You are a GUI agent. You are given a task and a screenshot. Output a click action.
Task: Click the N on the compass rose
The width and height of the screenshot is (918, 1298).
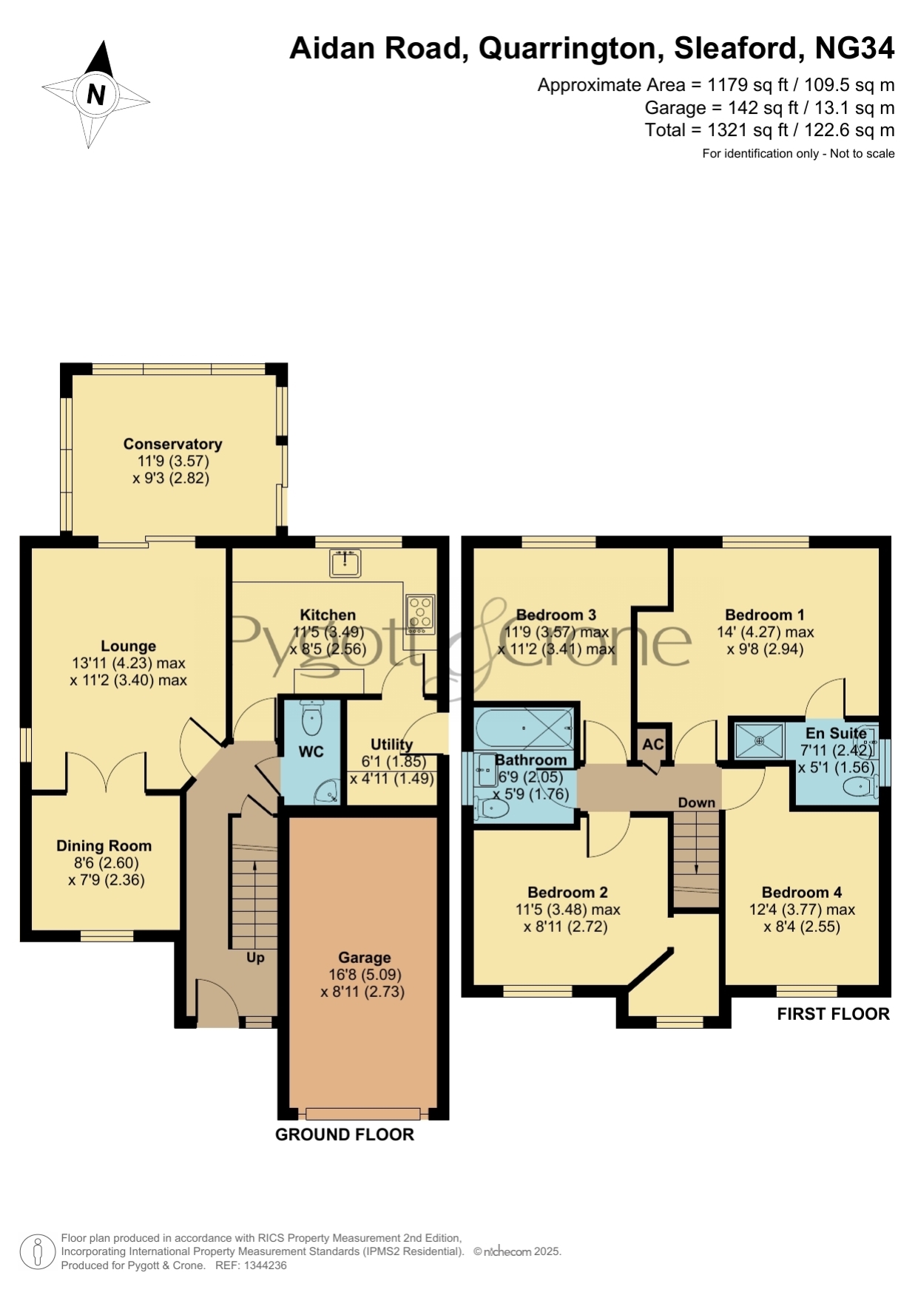click(x=96, y=95)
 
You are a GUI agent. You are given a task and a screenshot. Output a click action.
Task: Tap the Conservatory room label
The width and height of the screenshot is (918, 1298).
click(x=172, y=444)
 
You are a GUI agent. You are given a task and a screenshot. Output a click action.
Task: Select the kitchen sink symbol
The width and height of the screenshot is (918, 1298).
click(x=345, y=563)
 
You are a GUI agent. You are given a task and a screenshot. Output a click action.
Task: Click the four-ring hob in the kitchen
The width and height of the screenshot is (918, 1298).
click(x=420, y=615)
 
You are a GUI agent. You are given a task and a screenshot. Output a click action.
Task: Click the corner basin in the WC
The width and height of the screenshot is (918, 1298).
click(x=327, y=792)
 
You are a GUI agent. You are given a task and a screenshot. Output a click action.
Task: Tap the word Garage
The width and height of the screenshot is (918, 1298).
click(x=365, y=958)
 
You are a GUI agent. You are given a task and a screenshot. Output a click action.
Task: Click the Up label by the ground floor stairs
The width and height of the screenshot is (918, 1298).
click(x=255, y=958)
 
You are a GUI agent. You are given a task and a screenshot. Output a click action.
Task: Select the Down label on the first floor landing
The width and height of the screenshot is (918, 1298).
click(x=697, y=802)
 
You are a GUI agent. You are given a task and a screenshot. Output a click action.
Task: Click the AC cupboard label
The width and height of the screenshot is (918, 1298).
click(x=653, y=744)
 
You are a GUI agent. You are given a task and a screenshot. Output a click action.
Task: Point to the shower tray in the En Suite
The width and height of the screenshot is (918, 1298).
click(x=759, y=740)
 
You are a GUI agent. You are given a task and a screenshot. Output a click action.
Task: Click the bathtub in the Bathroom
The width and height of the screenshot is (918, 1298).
click(x=524, y=728)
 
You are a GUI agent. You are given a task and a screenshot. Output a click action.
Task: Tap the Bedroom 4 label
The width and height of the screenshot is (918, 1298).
click(x=802, y=892)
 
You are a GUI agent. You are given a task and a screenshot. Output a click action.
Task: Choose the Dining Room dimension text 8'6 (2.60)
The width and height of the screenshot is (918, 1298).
click(x=106, y=862)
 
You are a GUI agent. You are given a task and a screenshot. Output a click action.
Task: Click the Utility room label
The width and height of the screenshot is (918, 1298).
click(x=391, y=744)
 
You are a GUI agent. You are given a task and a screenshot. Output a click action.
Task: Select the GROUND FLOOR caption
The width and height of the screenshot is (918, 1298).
click(x=345, y=1135)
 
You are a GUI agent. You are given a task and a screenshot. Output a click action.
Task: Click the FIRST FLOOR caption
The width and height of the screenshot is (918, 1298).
click(x=834, y=1014)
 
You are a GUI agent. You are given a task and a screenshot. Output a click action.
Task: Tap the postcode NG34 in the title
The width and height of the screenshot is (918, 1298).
click(x=854, y=48)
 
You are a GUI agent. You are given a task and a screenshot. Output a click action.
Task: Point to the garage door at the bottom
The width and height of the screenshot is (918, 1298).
click(x=363, y=1114)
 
